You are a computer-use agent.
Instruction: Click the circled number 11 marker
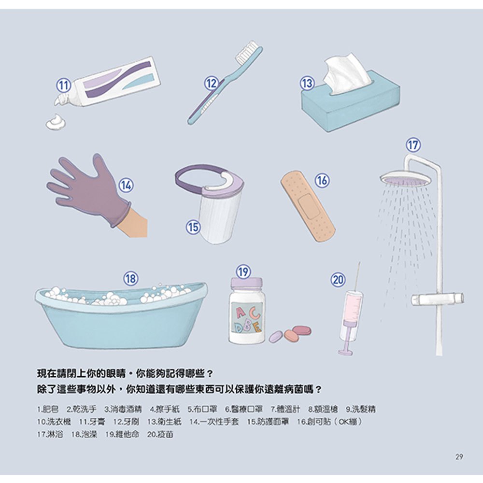tap(63, 86)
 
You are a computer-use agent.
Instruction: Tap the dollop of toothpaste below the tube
tap(56, 122)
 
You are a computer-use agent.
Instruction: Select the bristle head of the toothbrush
tap(248, 51)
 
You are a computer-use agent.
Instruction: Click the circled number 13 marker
tap(307, 83)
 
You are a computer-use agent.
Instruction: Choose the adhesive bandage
tap(308, 205)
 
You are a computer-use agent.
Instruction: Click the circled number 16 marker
tap(322, 180)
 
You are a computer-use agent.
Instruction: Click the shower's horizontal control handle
tap(438, 299)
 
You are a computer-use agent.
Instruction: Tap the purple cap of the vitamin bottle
tap(246, 283)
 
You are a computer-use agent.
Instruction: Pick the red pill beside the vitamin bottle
tap(302, 330)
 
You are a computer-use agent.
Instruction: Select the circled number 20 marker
tap(338, 279)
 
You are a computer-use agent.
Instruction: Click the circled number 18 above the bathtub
tap(130, 278)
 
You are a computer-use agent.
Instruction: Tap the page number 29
tap(459, 457)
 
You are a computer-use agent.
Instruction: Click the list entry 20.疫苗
tap(161, 435)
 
